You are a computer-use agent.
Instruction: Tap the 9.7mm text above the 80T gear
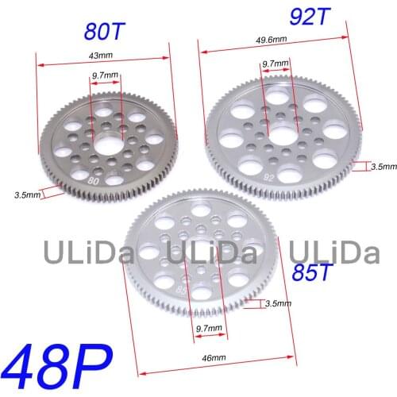click(105, 75)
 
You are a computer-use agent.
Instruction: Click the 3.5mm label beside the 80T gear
click(27, 194)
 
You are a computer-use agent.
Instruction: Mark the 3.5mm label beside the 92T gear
click(384, 167)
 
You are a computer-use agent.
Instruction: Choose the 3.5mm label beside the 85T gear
click(278, 303)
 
